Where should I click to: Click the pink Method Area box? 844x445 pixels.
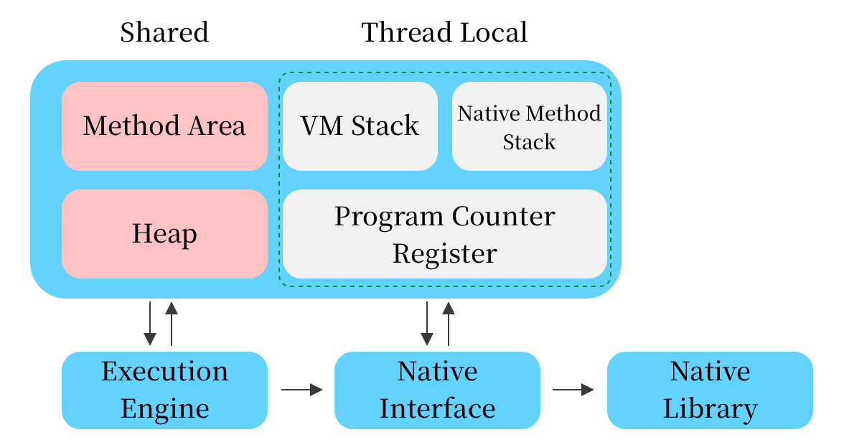(164, 126)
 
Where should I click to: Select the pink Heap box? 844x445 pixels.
(164, 234)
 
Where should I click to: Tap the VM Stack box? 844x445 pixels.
(360, 126)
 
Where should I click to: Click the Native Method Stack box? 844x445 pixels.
(529, 127)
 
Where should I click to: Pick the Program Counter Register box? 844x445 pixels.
(445, 235)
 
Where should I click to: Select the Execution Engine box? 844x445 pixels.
(164, 390)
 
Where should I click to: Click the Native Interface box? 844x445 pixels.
(437, 390)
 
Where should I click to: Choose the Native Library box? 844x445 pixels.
(710, 390)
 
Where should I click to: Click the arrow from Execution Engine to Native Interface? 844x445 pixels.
(301, 390)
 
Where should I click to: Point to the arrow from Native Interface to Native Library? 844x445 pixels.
(573, 390)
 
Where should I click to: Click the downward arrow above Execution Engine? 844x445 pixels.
(150, 324)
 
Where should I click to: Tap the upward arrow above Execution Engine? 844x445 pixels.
(171, 324)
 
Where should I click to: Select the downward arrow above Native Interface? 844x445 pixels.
(427, 324)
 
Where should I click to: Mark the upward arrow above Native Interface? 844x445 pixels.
(449, 324)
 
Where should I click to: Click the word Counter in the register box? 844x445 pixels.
(504, 217)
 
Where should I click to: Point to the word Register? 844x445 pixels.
(444, 253)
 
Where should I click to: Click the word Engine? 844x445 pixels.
(164, 409)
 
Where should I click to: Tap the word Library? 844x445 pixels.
(710, 409)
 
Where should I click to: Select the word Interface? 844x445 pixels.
(437, 409)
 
